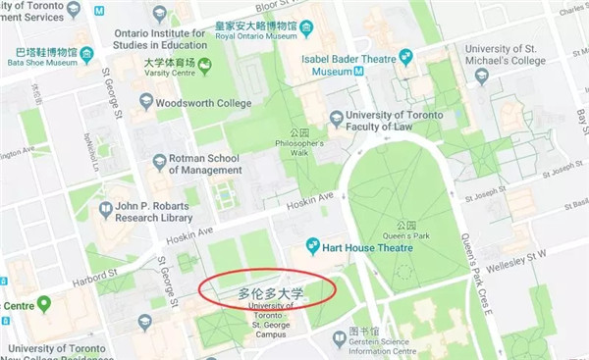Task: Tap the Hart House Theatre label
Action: point(371,244)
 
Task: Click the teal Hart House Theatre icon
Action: point(313,244)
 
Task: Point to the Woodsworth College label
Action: point(205,101)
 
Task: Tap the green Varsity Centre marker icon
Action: point(204,67)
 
